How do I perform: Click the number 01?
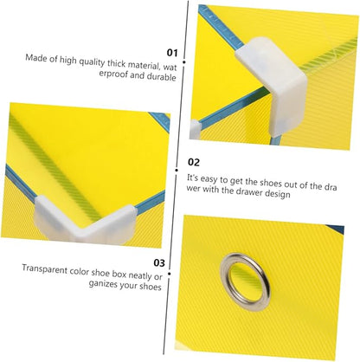coord(172,53)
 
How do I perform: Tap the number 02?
coord(194,162)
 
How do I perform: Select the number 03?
coord(159,263)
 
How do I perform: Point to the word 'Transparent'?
coord(45,269)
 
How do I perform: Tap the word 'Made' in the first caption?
coord(36,58)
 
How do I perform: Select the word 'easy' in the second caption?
coord(209,179)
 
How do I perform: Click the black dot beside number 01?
coord(183,61)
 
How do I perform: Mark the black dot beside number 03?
coord(170,274)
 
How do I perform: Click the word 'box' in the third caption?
coord(119,274)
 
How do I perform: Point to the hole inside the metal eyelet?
coord(246,281)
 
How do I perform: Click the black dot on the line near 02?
coord(177,171)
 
